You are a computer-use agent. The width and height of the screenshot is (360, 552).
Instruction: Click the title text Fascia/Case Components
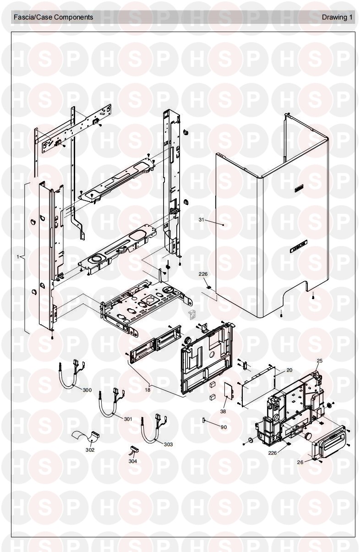53,17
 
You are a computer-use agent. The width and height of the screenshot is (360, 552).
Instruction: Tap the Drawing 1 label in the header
337,17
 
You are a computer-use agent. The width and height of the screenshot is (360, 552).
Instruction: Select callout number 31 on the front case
202,219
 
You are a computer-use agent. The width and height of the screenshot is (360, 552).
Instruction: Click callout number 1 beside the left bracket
18,257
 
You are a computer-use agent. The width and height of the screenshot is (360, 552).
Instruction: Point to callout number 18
147,390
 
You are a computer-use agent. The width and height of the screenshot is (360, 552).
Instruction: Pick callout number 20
289,370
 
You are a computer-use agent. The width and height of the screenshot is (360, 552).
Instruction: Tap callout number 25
319,361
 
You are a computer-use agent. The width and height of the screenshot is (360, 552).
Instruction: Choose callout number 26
300,462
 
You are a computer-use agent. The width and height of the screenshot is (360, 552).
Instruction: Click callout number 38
223,411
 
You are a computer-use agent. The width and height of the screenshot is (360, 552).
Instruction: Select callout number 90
224,427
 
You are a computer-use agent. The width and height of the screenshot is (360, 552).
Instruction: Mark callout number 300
87,390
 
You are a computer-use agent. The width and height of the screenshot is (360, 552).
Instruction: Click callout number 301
128,419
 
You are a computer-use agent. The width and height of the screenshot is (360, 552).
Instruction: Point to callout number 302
90,450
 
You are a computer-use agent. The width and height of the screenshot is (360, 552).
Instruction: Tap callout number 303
168,444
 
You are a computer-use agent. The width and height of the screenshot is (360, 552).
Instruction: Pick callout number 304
133,461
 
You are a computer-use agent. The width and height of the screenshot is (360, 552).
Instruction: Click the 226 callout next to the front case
203,274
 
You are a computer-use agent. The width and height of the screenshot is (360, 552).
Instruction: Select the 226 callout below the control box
272,453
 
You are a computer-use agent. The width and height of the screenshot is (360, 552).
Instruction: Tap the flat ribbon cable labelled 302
86,437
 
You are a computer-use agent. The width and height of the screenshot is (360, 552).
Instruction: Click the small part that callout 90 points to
203,420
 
